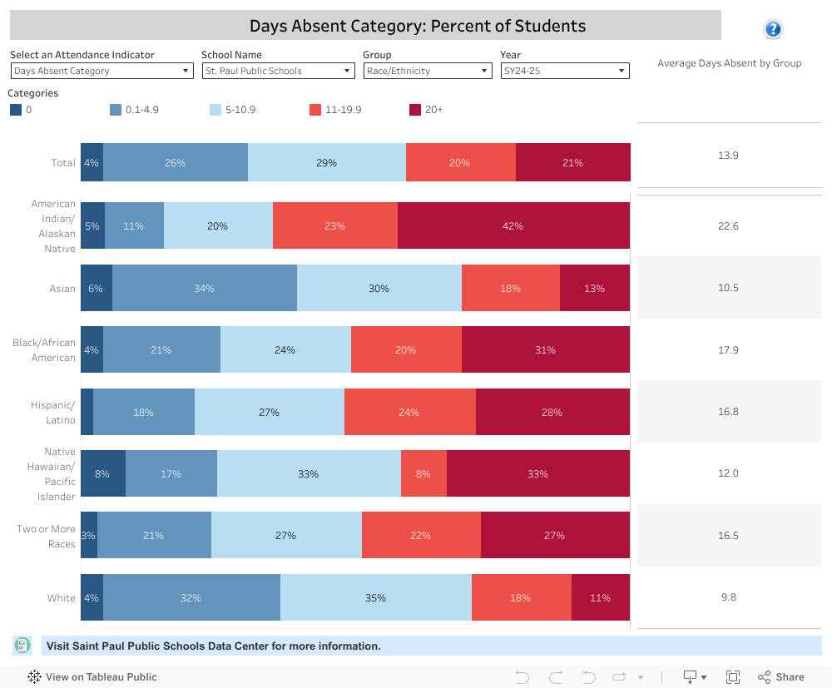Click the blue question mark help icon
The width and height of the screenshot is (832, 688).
coord(773,30)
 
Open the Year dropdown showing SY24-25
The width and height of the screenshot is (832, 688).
coord(564,72)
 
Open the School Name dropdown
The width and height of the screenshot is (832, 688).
coord(278,72)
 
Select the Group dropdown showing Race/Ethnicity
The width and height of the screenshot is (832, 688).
coord(428,72)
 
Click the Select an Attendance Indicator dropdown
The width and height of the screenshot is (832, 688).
coord(102,72)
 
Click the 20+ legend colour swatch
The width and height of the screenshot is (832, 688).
coord(415,110)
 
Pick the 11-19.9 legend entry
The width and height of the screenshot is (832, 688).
coord(335,110)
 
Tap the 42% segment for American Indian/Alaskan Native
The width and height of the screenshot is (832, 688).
coord(513,225)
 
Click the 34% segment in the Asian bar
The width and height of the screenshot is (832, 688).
coord(204,288)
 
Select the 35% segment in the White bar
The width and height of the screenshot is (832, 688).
coord(375,597)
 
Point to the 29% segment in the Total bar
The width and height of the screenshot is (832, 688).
coord(326,162)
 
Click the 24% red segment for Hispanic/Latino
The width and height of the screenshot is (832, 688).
coord(409,412)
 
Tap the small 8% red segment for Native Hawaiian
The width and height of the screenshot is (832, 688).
coord(423,473)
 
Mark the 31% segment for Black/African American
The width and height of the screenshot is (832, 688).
coord(545,349)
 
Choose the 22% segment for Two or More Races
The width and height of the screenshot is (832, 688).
coord(421,535)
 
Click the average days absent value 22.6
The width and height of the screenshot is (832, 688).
coord(728,226)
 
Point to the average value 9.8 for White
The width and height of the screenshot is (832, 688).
coord(728,597)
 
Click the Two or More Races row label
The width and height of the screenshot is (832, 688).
coord(47,536)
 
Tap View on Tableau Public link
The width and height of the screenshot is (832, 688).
coord(92,676)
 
